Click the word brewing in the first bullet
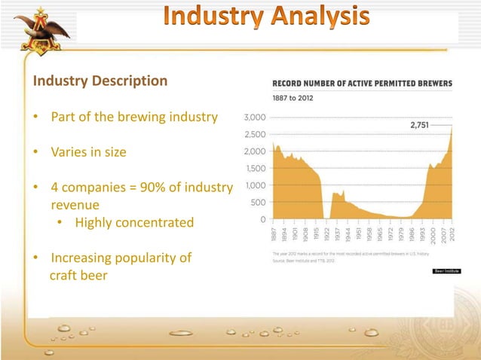(161, 118)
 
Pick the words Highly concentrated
(134, 223)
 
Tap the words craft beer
(78, 276)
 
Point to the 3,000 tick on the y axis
(253, 117)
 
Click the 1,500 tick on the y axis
(254, 169)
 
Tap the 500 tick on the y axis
(256, 203)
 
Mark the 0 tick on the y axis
(261, 220)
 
